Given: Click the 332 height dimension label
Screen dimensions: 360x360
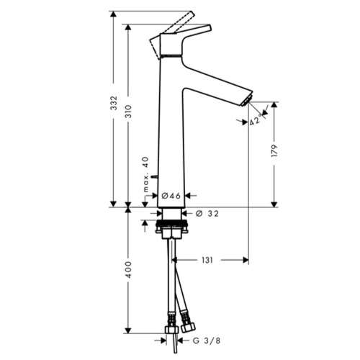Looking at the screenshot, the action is click(x=113, y=103).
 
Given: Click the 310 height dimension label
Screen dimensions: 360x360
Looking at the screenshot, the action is click(x=129, y=112).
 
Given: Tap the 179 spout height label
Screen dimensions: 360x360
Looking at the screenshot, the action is click(x=274, y=150).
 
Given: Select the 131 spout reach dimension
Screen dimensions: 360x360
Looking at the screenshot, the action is click(x=207, y=260).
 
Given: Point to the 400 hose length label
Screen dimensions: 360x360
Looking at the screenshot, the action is click(x=129, y=270).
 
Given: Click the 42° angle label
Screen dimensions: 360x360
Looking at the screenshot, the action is click(x=255, y=120).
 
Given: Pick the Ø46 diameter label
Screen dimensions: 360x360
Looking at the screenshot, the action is click(x=171, y=196).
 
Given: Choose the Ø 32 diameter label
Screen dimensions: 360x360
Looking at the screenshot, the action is click(x=207, y=213).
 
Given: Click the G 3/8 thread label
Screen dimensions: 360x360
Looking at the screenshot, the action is click(x=207, y=341).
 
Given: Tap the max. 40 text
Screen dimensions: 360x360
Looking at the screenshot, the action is click(x=145, y=174).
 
